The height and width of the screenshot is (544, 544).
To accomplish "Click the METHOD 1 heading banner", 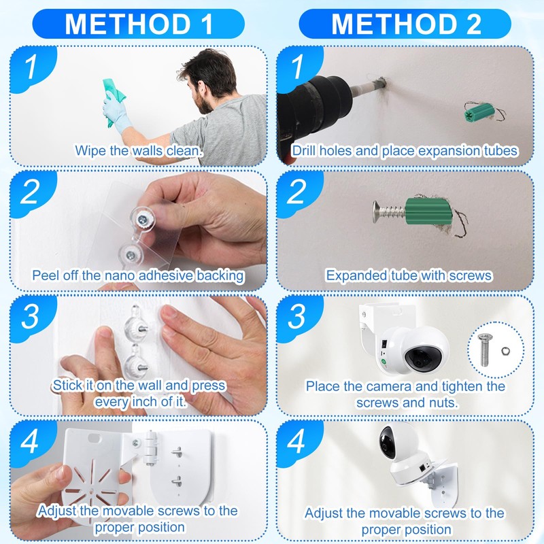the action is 139,24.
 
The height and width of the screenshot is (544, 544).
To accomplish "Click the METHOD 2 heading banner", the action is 405,24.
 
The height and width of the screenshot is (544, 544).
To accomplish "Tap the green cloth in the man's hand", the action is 114,101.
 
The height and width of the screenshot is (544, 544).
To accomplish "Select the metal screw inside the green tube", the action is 389,211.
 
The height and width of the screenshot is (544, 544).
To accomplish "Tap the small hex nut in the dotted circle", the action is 505,352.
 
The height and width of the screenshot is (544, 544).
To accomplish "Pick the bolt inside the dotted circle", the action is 485,350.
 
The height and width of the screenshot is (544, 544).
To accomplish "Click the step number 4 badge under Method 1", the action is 32,441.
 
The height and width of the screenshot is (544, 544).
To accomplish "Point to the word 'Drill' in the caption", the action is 304,151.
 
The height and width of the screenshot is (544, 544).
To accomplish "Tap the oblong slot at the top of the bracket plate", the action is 95,438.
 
